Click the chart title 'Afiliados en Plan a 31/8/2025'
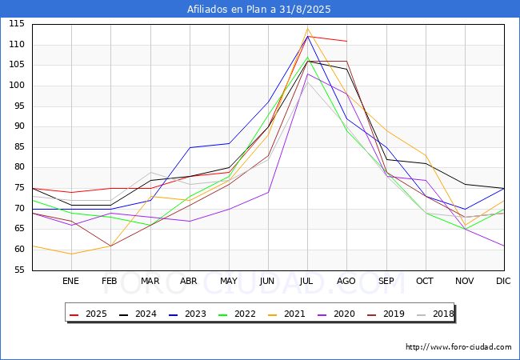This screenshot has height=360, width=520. [259, 10]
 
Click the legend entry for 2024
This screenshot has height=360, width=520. [141, 314]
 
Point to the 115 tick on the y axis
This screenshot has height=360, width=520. [16, 24]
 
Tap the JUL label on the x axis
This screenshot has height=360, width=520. [307, 281]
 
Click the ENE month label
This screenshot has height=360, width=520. [71, 281]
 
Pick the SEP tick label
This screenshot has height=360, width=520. [386, 281]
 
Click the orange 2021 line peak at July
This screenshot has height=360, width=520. [307, 28]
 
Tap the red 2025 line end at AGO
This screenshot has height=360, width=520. [346, 41]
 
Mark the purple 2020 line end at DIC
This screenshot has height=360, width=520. [504, 246]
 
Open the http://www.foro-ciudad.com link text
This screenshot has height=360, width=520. [458, 347]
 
